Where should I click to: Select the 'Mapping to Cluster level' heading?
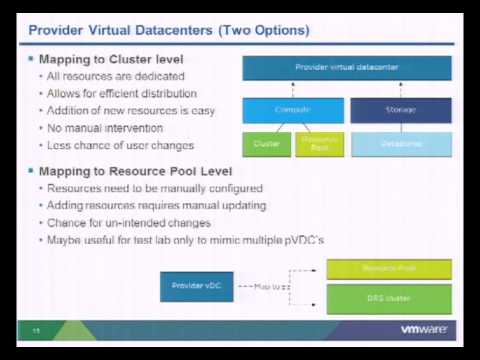[112, 60]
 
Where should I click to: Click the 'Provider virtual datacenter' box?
[347, 68]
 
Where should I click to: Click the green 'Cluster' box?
[267, 144]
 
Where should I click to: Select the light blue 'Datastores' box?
[400, 144]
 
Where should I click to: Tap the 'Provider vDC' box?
[195, 286]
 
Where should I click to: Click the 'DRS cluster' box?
[389, 297]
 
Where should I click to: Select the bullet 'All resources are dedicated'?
[110, 76]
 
